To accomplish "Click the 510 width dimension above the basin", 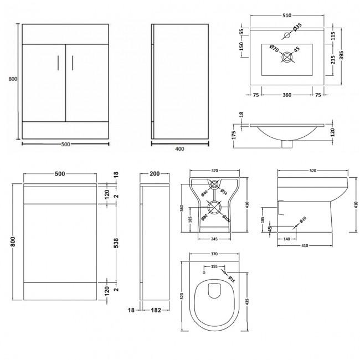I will click(x=286, y=16).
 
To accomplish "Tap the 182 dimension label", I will click(x=156, y=310).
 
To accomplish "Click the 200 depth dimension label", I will click(x=155, y=173).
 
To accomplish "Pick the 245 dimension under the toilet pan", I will click(x=213, y=239).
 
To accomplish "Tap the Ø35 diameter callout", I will click(x=297, y=25).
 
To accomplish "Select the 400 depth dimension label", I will click(x=179, y=148).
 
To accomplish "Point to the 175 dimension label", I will click(x=234, y=133).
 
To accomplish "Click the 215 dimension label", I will click(x=333, y=61).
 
